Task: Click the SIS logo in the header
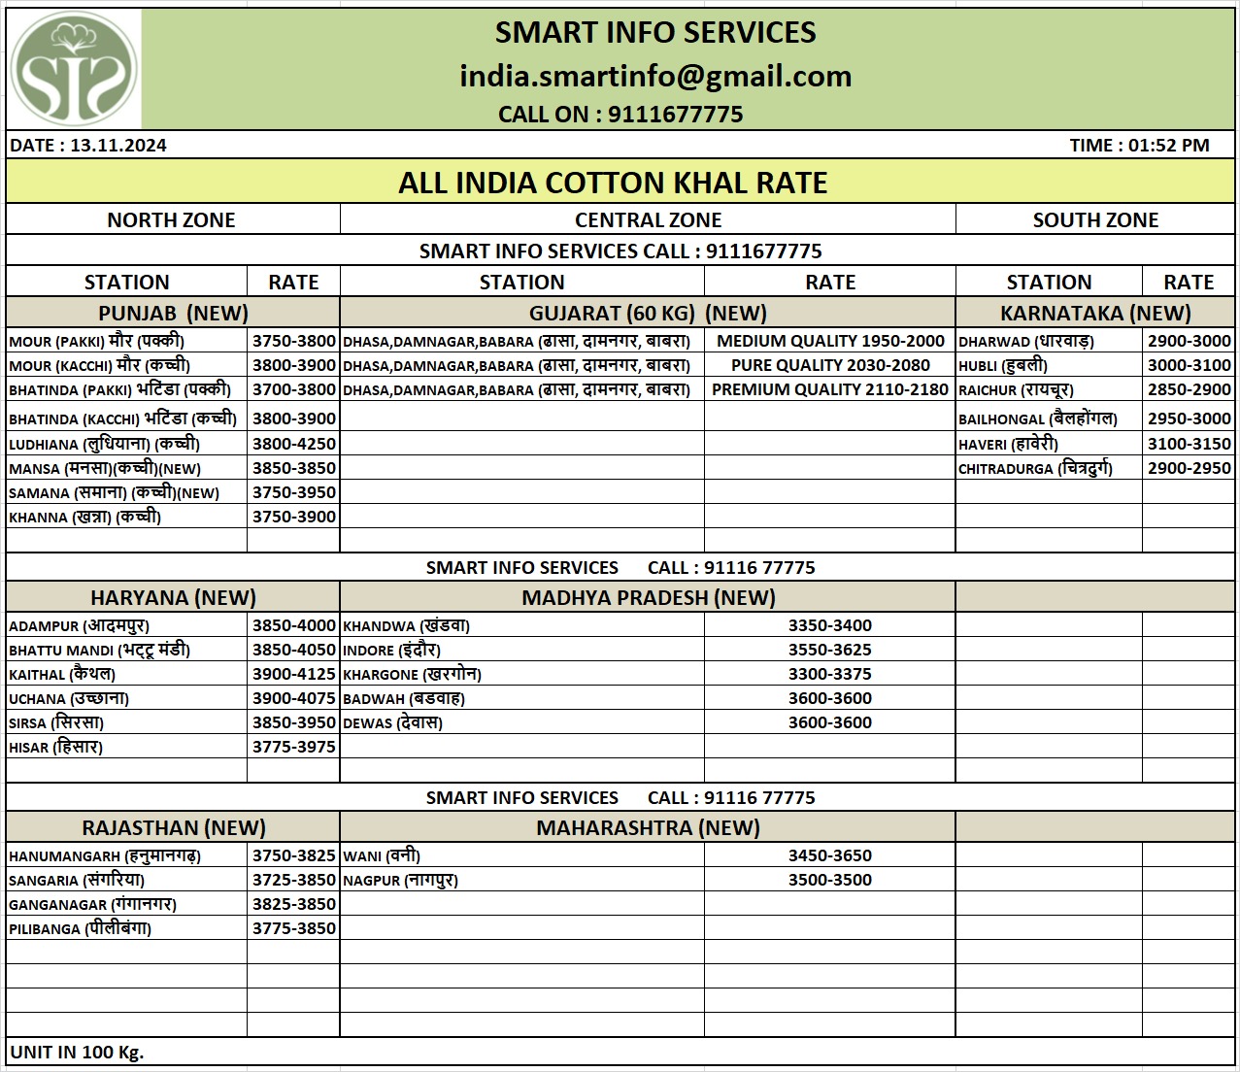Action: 74,70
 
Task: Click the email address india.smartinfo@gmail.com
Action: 655,76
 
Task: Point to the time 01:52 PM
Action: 1139,146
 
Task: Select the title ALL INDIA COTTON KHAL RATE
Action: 613,183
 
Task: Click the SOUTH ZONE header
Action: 1095,220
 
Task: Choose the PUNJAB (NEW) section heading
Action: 173,313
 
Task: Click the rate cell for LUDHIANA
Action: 293,444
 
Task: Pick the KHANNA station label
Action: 84,517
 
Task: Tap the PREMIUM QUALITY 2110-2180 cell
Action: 829,389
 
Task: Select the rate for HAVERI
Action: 1189,444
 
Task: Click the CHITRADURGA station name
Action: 1035,468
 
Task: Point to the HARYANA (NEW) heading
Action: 173,597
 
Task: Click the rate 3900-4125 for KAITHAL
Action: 293,674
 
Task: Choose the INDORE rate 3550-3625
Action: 829,650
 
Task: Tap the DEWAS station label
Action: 392,722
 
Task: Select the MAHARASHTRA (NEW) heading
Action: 648,827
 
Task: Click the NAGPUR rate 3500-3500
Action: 829,880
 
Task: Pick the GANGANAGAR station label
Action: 92,904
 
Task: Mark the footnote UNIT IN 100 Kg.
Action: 77,1052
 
